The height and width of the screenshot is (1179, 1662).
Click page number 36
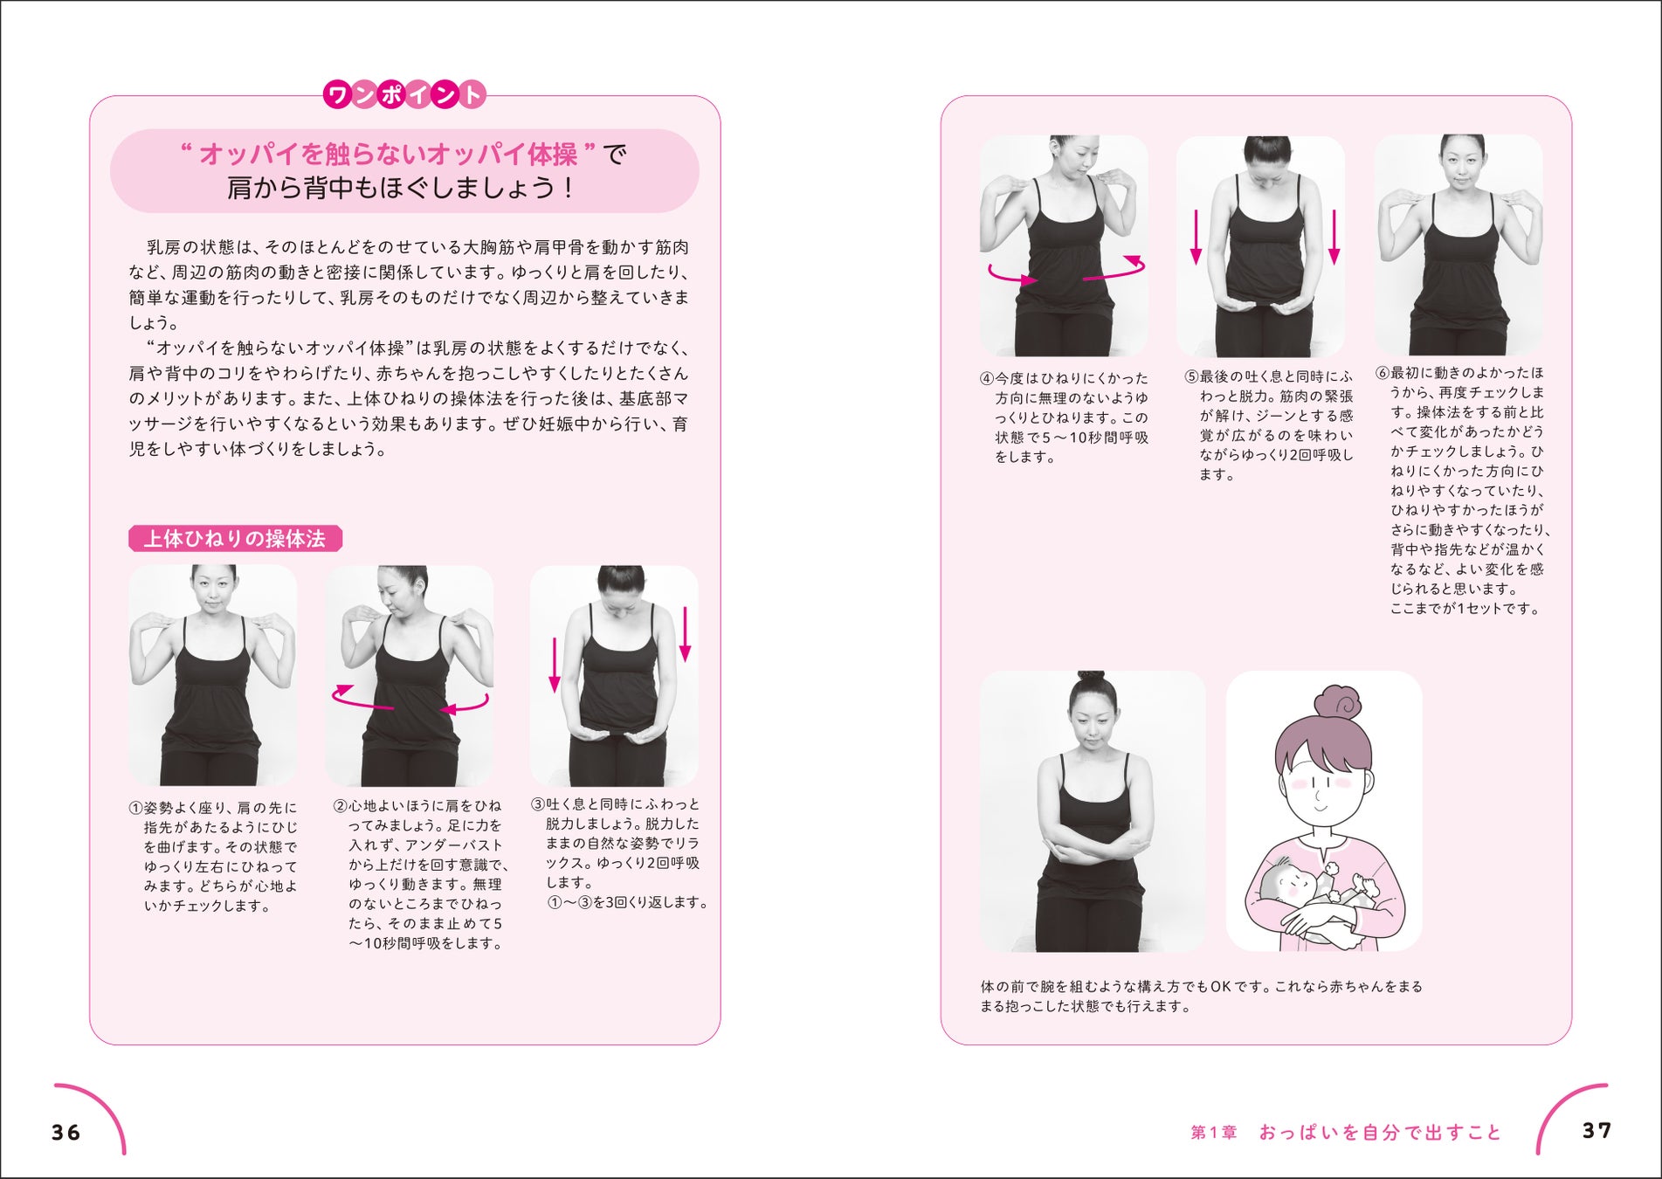[66, 1133]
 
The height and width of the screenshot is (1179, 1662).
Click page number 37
[1596, 1130]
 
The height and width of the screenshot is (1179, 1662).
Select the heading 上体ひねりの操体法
[235, 539]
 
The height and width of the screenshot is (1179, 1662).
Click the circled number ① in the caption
[135, 808]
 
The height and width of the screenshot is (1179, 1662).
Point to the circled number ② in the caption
[340, 805]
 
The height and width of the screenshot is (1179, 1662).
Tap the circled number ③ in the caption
[537, 804]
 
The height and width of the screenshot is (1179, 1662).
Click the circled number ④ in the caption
[987, 379]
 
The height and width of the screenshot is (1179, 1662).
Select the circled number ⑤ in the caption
[1191, 377]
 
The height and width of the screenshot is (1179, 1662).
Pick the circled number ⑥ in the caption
[1383, 373]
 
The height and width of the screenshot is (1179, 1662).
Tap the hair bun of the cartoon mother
[1337, 703]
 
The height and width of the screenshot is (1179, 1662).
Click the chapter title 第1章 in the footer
[1214, 1133]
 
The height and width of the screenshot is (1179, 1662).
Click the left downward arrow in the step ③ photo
[554, 665]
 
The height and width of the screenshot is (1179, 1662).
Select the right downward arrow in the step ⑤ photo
[1334, 237]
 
